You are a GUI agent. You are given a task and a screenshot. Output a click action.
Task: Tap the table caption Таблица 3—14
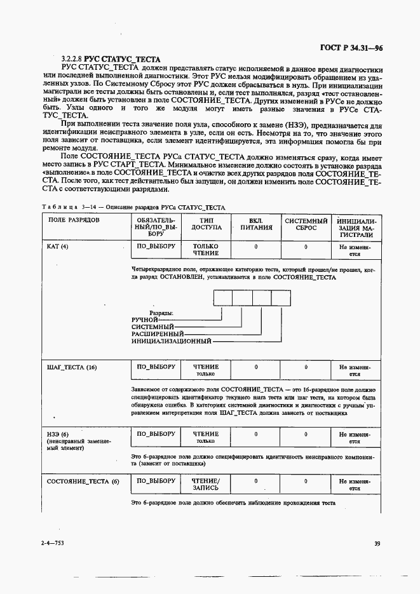pos(64,207)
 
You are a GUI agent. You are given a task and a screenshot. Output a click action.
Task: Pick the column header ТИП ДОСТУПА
pos(206,224)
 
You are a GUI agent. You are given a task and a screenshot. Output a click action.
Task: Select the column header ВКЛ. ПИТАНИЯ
pos(255,224)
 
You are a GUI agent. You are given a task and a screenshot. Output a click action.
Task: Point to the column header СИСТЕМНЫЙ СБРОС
pos(306,224)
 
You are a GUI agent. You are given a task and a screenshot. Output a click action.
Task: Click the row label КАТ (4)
pos(58,246)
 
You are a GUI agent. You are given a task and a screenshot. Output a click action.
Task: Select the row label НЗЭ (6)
pos(56,434)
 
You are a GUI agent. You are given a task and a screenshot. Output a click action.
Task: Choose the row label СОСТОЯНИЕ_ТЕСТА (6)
pos(83,482)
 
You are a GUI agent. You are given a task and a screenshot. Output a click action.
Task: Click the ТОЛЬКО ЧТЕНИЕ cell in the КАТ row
pos(206,250)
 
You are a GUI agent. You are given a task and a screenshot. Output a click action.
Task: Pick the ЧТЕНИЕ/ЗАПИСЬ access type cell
pos(206,485)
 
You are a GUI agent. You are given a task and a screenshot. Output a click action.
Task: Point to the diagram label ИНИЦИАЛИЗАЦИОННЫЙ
pos(171,341)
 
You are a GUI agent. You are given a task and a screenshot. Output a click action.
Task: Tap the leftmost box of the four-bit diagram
pos(223,298)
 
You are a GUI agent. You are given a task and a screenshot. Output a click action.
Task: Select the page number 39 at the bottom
pos(377,543)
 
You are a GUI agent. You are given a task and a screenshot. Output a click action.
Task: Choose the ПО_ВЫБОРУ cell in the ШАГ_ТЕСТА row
pos(156,367)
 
